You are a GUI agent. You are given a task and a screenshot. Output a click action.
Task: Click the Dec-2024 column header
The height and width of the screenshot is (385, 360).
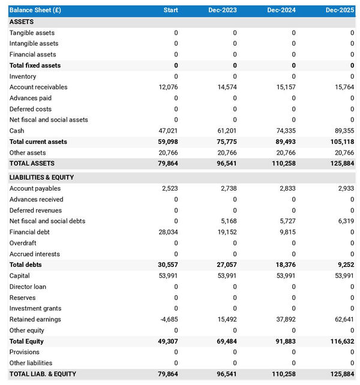coord(283,10)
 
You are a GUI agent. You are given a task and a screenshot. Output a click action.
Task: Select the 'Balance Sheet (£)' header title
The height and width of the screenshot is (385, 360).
coord(35,10)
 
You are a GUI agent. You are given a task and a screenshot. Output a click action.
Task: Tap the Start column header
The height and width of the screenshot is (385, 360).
coord(170,10)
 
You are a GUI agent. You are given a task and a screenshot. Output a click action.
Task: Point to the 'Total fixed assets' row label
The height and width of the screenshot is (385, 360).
coord(35,65)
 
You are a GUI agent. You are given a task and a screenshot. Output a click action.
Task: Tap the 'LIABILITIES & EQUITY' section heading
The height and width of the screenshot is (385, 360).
coord(41,178)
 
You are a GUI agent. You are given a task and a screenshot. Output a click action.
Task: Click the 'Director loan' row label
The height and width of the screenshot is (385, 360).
coord(28,287)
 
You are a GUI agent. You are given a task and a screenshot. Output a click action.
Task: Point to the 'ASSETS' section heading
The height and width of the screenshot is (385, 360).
coord(22,22)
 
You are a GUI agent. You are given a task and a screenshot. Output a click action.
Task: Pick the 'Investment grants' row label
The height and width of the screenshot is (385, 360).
coord(35,308)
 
